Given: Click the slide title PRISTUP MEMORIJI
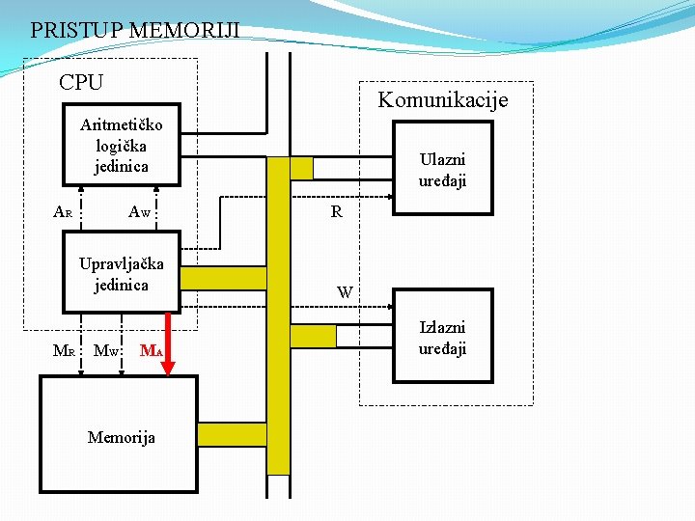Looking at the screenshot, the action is [x=135, y=30].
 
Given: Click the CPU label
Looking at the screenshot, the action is [x=81, y=83].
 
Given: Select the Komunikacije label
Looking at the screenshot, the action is [x=442, y=99].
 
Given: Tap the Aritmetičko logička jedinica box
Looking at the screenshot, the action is [x=121, y=147].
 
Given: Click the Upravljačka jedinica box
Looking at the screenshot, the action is [x=121, y=273].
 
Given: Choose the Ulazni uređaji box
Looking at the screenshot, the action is [x=440, y=170].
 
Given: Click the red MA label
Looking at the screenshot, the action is [x=151, y=351].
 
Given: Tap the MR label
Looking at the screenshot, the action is [x=64, y=351].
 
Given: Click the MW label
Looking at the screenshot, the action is [x=105, y=351].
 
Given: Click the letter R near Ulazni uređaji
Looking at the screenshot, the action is [x=336, y=211].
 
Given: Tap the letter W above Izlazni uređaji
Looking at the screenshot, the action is [x=344, y=291].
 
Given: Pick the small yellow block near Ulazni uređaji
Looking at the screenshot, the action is [x=301, y=168].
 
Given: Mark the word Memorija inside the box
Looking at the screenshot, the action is [x=121, y=437].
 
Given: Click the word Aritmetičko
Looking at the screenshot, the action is [x=122, y=124].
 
